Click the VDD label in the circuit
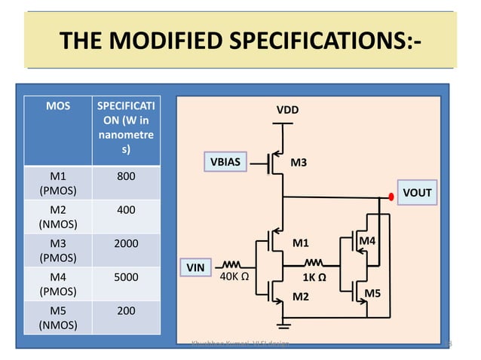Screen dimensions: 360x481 pyautogui.click(x=287, y=111)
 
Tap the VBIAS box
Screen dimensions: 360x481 pyautogui.click(x=225, y=161)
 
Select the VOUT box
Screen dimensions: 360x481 pyautogui.click(x=417, y=193)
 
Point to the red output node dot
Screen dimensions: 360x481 pyautogui.click(x=391, y=197)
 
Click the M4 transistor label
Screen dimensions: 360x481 pyautogui.click(x=367, y=240)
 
